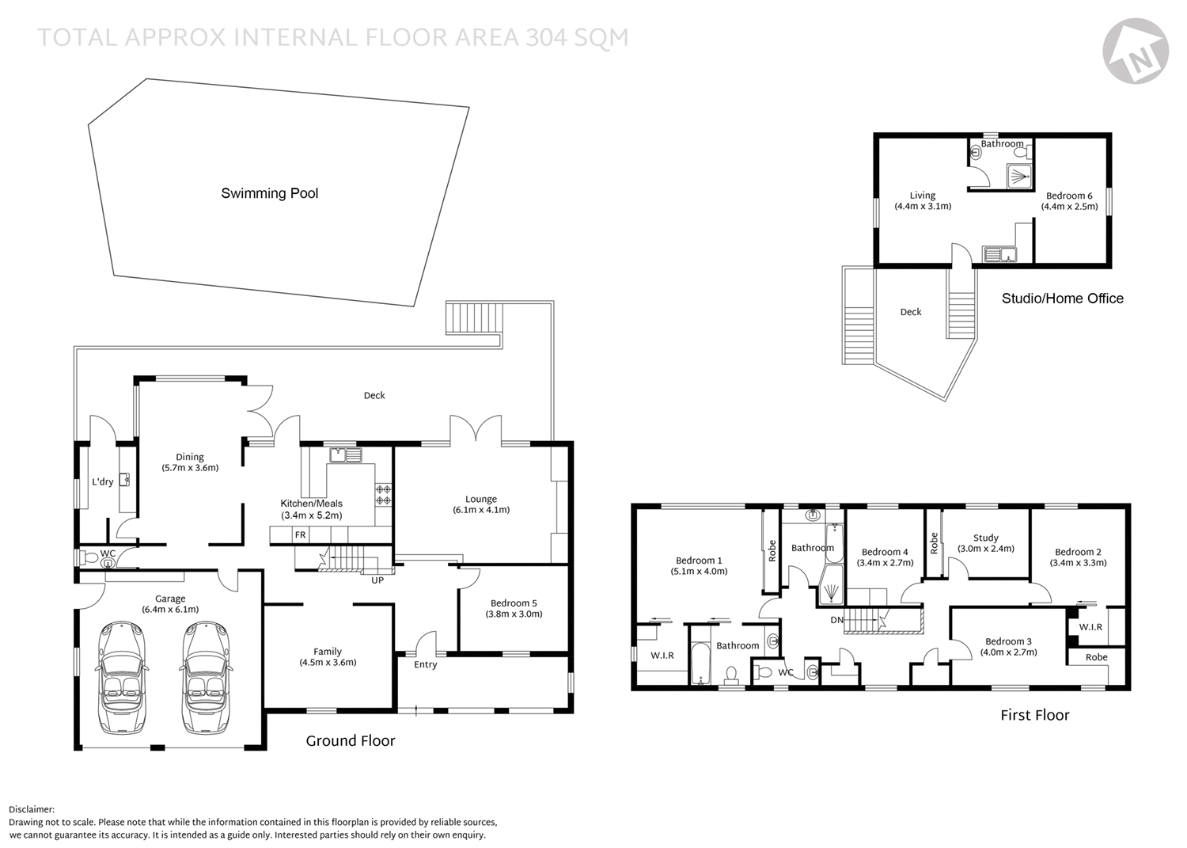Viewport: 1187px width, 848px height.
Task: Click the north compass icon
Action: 1136,51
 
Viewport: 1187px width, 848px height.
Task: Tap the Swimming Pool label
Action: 269,193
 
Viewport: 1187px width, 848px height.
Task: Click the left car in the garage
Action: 122,677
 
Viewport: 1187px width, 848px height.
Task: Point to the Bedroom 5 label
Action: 514,603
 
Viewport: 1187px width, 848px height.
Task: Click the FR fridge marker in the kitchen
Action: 301,535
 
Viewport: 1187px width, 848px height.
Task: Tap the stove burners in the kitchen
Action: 383,496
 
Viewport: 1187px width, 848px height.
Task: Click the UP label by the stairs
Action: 377,580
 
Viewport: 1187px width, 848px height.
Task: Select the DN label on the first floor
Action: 836,620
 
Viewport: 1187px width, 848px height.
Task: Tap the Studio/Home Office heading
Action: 1062,299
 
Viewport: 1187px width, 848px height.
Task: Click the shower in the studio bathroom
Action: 1019,177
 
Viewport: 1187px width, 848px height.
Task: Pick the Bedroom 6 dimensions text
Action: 1069,207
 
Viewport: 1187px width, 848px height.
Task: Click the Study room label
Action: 986,538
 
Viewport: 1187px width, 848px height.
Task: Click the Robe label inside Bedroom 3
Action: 1096,657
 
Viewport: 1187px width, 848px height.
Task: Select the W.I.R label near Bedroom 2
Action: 1090,627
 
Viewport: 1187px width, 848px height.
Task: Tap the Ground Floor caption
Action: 351,741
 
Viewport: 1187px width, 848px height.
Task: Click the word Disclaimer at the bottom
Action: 32,810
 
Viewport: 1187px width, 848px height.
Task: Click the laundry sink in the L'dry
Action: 124,481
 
